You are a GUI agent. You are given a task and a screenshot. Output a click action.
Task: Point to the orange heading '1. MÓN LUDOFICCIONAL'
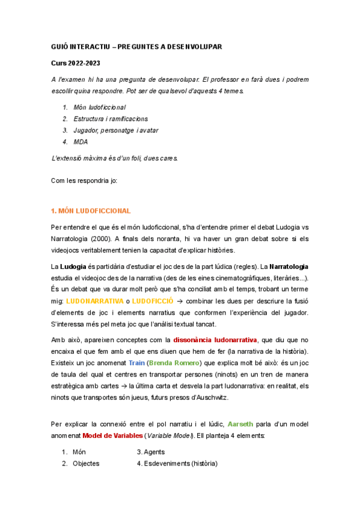[x=91, y=210]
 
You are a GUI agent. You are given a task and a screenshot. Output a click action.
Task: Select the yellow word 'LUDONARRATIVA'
[x=92, y=300]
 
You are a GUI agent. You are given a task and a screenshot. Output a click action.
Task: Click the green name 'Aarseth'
[x=243, y=424]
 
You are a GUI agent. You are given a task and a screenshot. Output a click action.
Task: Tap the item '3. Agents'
[x=150, y=452]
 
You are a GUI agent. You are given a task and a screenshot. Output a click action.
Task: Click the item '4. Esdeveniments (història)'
[x=177, y=464]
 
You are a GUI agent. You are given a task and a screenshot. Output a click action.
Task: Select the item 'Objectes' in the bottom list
[x=86, y=464]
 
